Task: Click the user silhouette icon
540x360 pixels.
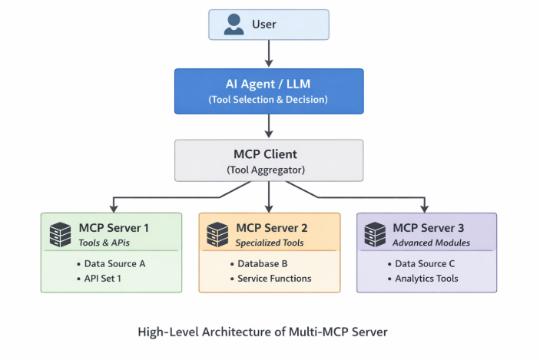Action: [x=234, y=25]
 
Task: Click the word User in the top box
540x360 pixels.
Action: [x=264, y=25]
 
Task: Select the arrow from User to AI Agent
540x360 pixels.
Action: [x=269, y=53]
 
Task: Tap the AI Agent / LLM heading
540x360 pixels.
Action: [x=268, y=84]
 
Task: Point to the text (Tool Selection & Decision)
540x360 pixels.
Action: [x=268, y=100]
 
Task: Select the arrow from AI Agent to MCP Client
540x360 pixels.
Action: [x=269, y=125]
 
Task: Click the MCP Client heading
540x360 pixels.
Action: [x=268, y=154]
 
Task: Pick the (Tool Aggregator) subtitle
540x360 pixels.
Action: [x=268, y=170]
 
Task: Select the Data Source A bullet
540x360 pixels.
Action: [x=114, y=263]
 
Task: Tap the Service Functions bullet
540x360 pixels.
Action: [x=274, y=278]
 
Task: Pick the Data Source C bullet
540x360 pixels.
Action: [x=426, y=263]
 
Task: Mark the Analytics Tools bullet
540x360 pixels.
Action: [x=426, y=278]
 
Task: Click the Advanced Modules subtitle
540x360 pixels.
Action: [x=431, y=243]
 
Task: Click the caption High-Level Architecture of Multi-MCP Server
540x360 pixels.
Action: [x=263, y=332]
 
